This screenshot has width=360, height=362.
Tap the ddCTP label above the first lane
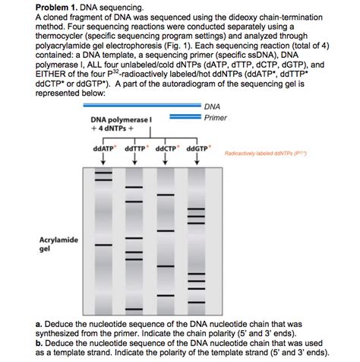pos(103,148)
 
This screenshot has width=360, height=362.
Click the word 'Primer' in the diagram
pos(216,118)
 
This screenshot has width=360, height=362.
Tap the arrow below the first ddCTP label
pos(103,158)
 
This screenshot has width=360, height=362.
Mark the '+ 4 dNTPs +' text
pos(114,129)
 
